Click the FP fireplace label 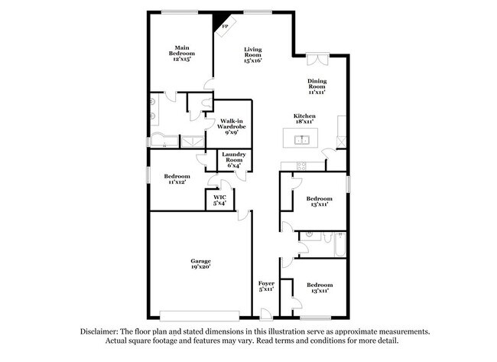(x=225, y=28)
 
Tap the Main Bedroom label (x=181, y=54)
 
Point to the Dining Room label (x=317, y=86)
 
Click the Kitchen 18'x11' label (x=304, y=119)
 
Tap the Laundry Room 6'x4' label (x=233, y=159)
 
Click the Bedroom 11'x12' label (x=177, y=178)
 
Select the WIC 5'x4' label (x=219, y=200)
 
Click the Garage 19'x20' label (x=200, y=264)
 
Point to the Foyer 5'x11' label (x=266, y=287)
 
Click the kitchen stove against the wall (x=300, y=166)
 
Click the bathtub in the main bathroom (x=162, y=140)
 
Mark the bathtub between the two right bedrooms (x=336, y=247)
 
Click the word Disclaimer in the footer (x=102, y=331)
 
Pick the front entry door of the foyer (x=265, y=314)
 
